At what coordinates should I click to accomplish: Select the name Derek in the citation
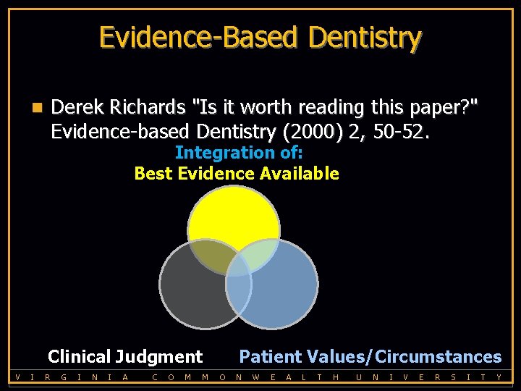[77, 108]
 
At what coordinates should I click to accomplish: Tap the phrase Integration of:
[239, 153]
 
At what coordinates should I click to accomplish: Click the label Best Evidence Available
[237, 174]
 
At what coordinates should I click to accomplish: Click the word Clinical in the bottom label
[78, 357]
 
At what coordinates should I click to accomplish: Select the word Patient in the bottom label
[271, 357]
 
